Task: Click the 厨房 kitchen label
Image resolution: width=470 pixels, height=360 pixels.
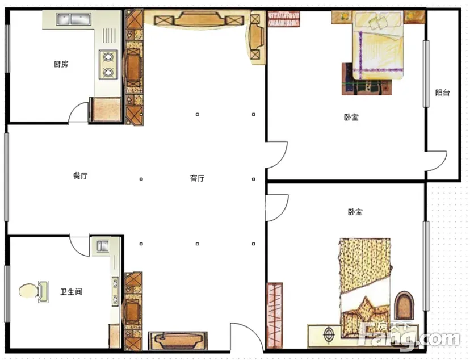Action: [x=61, y=64]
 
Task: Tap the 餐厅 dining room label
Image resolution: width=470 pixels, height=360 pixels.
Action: [x=81, y=175]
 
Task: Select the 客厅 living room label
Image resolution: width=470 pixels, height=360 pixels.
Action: [x=197, y=178]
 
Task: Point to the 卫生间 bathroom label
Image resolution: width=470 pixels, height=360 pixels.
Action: [x=71, y=292]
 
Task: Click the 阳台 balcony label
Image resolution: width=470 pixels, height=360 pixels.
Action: [x=442, y=93]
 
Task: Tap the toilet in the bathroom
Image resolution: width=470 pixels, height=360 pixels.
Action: [x=33, y=291]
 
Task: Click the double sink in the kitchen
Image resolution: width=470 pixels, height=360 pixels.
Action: [x=73, y=19]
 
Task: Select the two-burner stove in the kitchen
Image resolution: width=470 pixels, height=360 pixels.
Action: [x=108, y=64]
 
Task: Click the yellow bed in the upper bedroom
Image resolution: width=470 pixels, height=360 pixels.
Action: [x=378, y=45]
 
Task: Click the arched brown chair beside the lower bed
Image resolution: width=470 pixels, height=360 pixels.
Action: [x=404, y=305]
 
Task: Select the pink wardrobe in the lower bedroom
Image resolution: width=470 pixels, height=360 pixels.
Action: [x=275, y=315]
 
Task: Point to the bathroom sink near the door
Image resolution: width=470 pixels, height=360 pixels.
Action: [x=103, y=246]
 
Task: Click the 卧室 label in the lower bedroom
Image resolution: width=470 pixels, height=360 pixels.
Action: [x=355, y=212]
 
